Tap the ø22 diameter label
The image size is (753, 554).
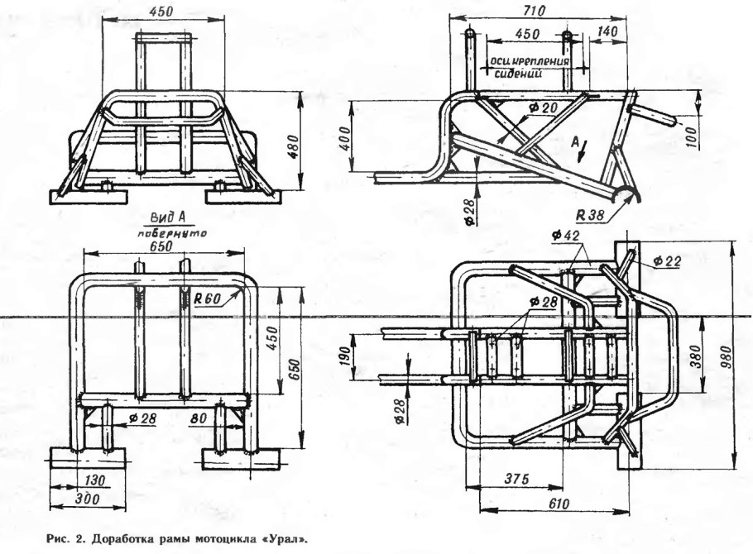pos(667,261)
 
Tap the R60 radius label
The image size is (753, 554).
pos(208,300)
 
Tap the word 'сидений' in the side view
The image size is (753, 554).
pos(518,73)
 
